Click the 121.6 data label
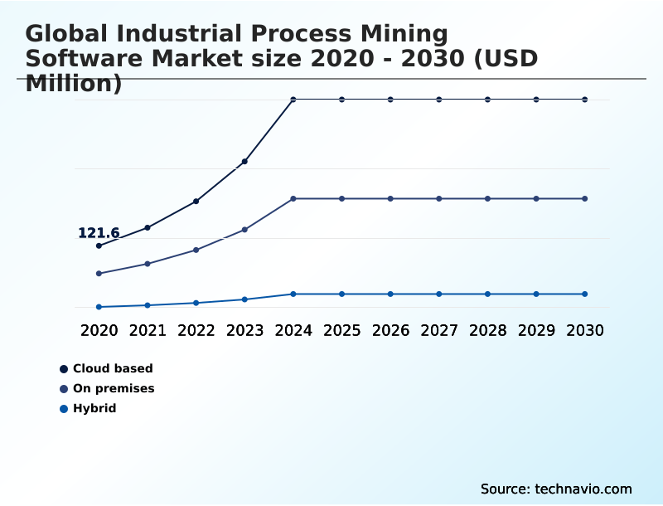pyautogui.click(x=99, y=233)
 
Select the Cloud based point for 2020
pyautogui.click(x=99, y=246)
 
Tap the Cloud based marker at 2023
pyautogui.click(x=244, y=161)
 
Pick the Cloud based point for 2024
pyautogui.click(x=293, y=100)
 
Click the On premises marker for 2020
pyautogui.click(x=99, y=273)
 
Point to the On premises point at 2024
pyautogui.click(x=293, y=198)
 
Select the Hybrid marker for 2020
pyautogui.click(x=99, y=307)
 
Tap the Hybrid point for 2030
pyautogui.click(x=584, y=294)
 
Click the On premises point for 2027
pyautogui.click(x=439, y=198)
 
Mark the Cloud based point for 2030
pyautogui.click(x=584, y=100)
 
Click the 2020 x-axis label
pyautogui.click(x=99, y=330)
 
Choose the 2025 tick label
pyautogui.click(x=341, y=330)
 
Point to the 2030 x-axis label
pyautogui.click(x=584, y=330)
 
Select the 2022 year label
pyautogui.click(x=196, y=330)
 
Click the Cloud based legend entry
pyautogui.click(x=113, y=368)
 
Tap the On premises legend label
pyautogui.click(x=114, y=388)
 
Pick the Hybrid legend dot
pyautogui.click(x=64, y=408)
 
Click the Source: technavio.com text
pyautogui.click(x=556, y=489)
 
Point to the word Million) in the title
pyautogui.click(x=74, y=83)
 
